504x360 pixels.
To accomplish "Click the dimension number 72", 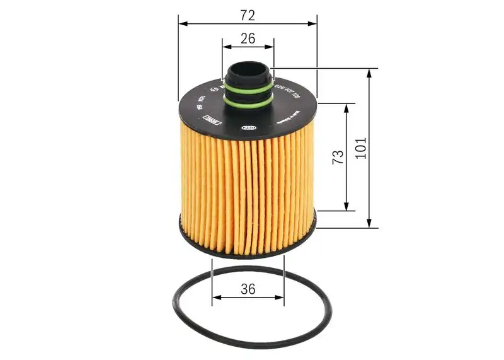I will click(248, 13).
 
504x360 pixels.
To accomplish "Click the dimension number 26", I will click(248, 38).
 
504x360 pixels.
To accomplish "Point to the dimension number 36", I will click(248, 289).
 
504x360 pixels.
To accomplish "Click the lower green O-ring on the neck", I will click(249, 98).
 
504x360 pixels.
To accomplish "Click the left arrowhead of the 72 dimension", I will click(183, 24).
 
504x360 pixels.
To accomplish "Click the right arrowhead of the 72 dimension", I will click(313, 24).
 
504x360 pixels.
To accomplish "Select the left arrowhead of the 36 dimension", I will click(217, 297).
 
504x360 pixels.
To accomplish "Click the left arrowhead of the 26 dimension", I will click(226, 46).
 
